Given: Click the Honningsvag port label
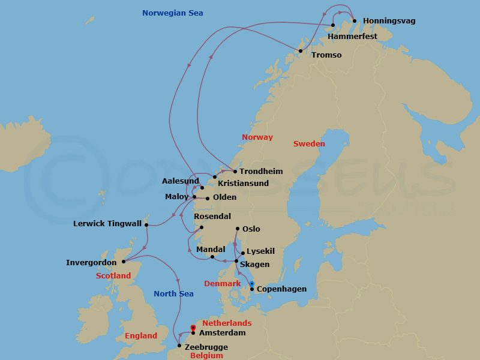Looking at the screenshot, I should [389, 21].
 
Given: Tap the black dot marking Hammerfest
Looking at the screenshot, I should [332, 25].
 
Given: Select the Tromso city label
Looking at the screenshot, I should [326, 55].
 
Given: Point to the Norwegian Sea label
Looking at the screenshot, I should [173, 13].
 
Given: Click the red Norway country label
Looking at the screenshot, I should [257, 137].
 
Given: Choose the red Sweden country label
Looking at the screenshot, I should [309, 144].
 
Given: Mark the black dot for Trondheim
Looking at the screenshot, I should [235, 172].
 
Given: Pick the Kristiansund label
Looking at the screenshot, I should [243, 183].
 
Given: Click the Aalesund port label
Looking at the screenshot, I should [181, 181].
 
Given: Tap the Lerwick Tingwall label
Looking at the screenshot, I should [107, 224].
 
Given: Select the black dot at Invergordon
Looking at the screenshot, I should [124, 262].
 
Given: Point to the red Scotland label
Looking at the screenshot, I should [113, 276].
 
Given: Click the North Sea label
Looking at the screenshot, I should [173, 294].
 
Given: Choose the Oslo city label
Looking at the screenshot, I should [251, 229].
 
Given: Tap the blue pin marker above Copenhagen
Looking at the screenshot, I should [252, 283].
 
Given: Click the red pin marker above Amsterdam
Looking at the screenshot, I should [193, 328].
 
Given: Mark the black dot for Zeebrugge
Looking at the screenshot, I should [179, 346].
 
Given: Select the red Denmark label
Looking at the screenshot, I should [222, 283].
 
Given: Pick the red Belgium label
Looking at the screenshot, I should [206, 356].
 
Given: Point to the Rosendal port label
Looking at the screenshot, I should [212, 216].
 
